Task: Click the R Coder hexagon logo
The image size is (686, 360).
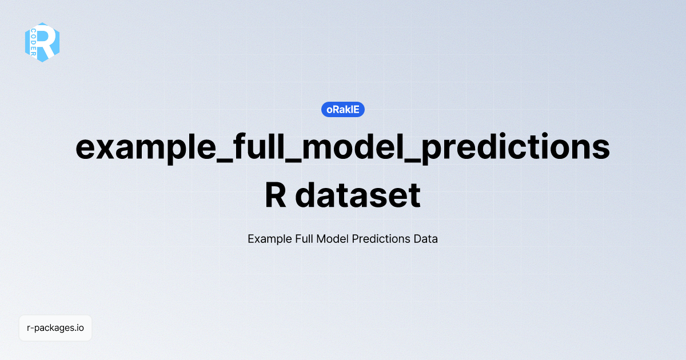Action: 42,42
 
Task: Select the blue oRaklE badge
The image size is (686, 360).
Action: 343,110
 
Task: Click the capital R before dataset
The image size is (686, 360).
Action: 276,195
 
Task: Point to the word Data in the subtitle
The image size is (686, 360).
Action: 426,239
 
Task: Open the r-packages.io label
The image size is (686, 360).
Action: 55,328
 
